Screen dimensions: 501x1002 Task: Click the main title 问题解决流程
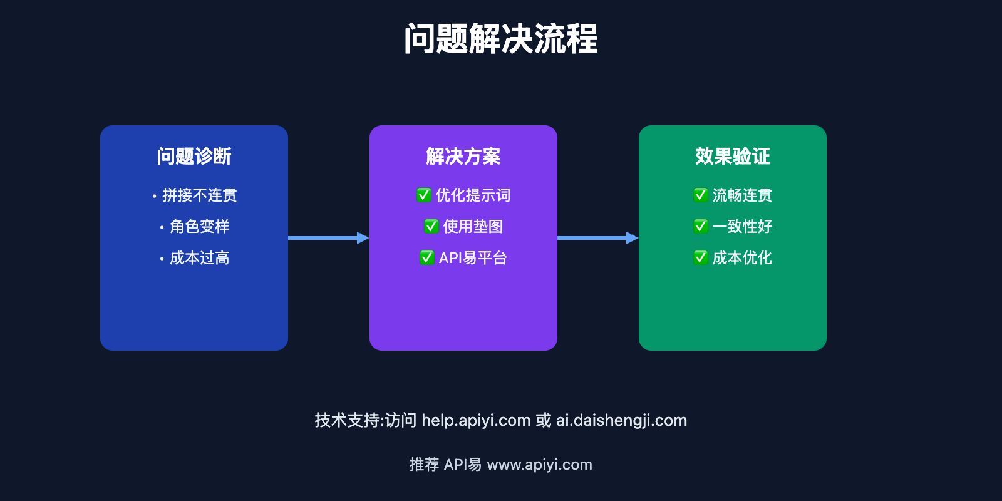coord(501,39)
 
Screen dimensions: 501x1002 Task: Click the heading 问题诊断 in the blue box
coord(194,156)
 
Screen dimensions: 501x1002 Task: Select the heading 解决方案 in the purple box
coord(463,156)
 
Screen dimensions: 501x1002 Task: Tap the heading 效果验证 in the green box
coord(733,156)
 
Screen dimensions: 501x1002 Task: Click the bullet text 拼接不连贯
coord(199,195)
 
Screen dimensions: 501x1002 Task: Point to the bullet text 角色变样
coord(199,227)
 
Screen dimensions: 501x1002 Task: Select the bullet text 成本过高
coord(199,258)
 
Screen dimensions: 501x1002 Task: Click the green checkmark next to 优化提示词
coord(424,195)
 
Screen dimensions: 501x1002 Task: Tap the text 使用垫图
coord(473,227)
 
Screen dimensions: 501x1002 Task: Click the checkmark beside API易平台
coord(427,258)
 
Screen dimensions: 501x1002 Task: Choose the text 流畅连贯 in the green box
coord(742,195)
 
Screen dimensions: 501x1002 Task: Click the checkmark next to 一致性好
coord(701,227)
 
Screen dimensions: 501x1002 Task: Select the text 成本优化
coord(742,258)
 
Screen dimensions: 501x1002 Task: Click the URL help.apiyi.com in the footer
coord(476,420)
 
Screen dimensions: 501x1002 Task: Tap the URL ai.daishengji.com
coord(621,420)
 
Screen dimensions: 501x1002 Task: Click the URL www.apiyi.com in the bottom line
coord(539,465)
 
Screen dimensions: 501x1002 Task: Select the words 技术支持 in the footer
coord(347,420)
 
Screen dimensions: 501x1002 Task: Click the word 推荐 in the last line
coord(424,465)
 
